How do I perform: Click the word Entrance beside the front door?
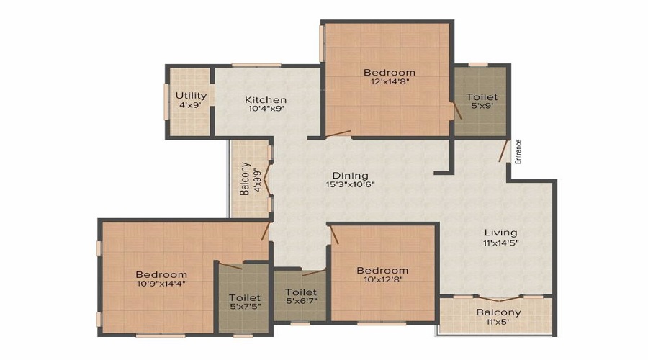pos(518,152)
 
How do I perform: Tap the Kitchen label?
pos(265,99)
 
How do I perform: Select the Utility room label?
pos(191,96)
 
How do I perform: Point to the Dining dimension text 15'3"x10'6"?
pos(350,185)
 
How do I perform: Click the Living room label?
pos(501,233)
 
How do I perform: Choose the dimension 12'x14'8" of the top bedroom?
pos(390,81)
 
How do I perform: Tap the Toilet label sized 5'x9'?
pos(482,97)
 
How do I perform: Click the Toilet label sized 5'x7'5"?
pos(245,297)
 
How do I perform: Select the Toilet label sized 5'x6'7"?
pos(301,292)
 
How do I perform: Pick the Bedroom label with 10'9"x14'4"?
pos(161,274)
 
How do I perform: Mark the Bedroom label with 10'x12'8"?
pos(382,270)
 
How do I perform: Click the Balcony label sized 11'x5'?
pos(498,312)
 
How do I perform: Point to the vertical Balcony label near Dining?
pos(245,179)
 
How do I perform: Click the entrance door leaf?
pos(503,150)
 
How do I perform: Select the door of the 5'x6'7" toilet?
pos(314,272)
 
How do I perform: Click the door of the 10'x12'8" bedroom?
pos(334,235)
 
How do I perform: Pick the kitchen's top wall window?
pos(256,65)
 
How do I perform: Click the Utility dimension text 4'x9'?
pos(191,105)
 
